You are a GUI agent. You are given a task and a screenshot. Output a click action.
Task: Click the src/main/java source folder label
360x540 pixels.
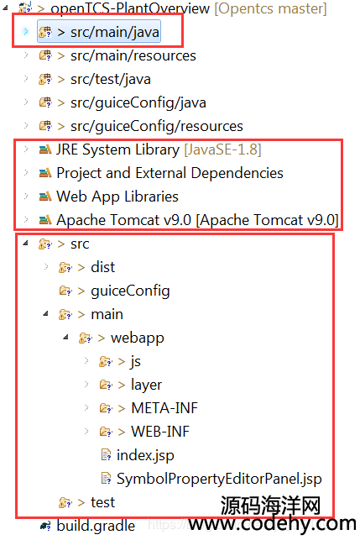click(115, 32)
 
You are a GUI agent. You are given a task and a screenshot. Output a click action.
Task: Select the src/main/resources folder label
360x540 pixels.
click(133, 55)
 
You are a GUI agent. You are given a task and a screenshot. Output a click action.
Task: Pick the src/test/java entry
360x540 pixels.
click(111, 79)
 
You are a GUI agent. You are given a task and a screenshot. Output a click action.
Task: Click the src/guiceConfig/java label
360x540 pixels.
click(138, 102)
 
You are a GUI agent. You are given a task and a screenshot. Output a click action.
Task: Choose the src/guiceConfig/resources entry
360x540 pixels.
click(157, 126)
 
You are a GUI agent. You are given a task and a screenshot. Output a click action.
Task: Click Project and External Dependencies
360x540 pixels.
click(170, 173)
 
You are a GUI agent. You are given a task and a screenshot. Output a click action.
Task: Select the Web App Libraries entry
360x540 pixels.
click(117, 197)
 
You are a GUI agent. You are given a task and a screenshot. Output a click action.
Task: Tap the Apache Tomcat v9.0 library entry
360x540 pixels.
click(197, 220)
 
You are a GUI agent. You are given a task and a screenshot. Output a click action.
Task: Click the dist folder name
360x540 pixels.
click(102, 267)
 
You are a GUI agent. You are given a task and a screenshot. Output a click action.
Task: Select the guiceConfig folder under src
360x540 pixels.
click(130, 291)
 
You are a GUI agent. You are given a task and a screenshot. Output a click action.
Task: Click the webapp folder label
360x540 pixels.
click(138, 338)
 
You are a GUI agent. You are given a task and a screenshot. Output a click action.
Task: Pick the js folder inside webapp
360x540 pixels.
click(136, 362)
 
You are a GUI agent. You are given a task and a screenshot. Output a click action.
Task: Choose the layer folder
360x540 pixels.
click(146, 385)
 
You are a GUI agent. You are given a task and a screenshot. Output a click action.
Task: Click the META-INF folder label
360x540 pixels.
click(164, 408)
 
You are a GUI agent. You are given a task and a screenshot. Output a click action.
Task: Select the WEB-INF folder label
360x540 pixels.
click(160, 432)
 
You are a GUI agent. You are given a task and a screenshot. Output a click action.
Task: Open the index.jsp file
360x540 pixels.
click(145, 456)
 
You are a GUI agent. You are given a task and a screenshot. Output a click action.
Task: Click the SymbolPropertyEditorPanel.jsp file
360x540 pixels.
click(219, 479)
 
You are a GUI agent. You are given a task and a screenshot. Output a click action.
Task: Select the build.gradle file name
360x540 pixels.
click(96, 527)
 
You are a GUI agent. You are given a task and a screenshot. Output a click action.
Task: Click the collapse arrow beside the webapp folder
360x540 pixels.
click(65, 337)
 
